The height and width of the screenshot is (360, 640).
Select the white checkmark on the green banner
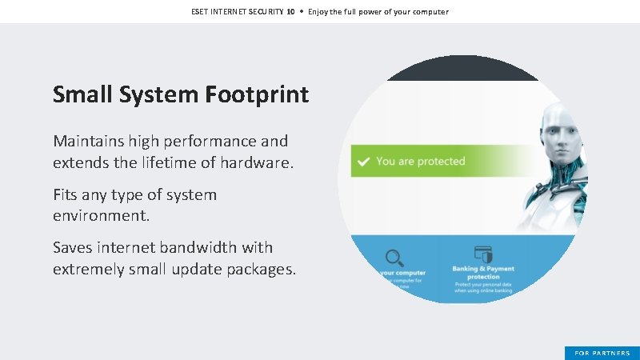pos(363,162)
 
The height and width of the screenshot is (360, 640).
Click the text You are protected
pos(420,162)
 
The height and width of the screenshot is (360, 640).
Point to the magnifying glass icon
pos(394,258)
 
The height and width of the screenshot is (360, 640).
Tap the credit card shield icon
pos(482,253)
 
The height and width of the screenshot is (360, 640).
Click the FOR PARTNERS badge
pos(602,353)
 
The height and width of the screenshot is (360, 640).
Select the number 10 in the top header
pos(291,12)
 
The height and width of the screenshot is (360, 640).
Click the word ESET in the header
pos(201,12)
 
